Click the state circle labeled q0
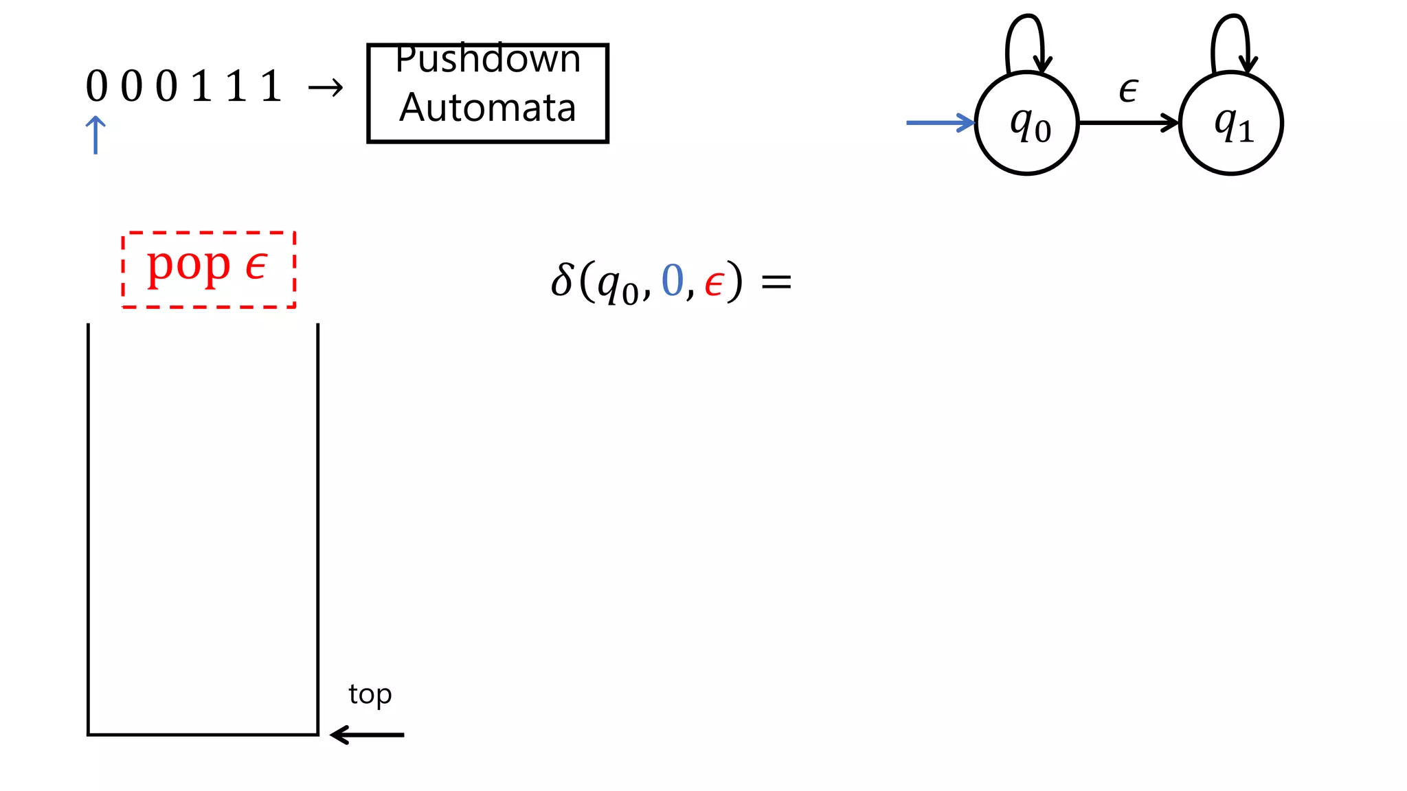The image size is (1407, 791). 1026,124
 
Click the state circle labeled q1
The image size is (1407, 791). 1230,124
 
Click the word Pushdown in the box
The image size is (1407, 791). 488,60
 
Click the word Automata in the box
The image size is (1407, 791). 488,108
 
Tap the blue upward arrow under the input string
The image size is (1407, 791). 95,135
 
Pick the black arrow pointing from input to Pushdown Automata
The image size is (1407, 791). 325,88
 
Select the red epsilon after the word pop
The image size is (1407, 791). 256,266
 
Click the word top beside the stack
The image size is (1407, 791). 370,694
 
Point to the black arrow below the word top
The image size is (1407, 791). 367,735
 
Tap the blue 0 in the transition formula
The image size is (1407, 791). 672,281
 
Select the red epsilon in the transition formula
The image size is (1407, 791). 714,283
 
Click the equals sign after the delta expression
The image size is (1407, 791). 776,282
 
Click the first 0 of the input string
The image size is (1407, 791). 97,87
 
